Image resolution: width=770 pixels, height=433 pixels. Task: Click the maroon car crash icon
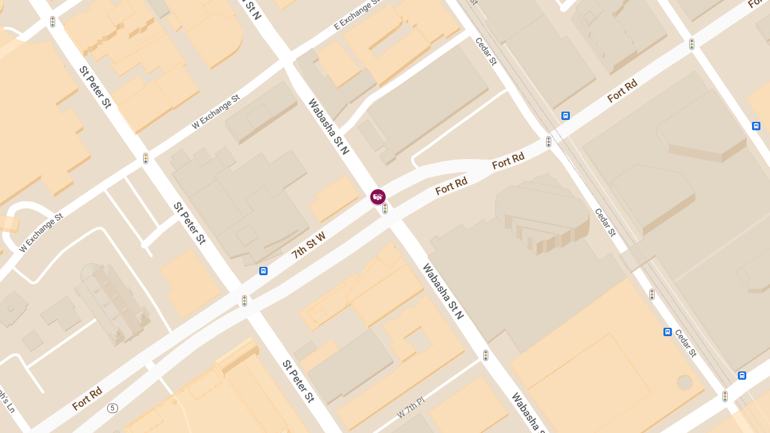(378, 197)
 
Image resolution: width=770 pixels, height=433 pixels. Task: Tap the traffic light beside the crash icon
(385, 208)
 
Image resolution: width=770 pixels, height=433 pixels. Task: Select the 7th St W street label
(309, 245)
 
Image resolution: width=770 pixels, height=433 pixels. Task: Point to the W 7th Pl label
(411, 408)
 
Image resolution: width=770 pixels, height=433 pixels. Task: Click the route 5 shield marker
(113, 408)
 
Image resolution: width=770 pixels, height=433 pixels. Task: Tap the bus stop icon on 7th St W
(263, 271)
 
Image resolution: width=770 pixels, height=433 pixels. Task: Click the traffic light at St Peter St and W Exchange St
(146, 158)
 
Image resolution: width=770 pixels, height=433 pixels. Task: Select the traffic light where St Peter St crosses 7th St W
(244, 300)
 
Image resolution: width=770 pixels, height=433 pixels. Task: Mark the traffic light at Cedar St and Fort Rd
(548, 142)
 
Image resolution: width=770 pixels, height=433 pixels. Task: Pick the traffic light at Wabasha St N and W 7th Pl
(486, 355)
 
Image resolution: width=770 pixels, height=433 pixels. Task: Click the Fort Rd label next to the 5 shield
(87, 398)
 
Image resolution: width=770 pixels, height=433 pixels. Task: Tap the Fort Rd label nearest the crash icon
(451, 186)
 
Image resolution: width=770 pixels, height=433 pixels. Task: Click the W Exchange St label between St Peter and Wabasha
(215, 112)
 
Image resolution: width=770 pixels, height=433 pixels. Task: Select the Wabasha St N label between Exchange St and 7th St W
(328, 126)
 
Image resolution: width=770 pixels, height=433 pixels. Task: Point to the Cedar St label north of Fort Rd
(486, 51)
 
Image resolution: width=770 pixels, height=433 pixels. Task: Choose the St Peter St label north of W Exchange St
(95, 87)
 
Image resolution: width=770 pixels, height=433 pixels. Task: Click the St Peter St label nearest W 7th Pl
(298, 381)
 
